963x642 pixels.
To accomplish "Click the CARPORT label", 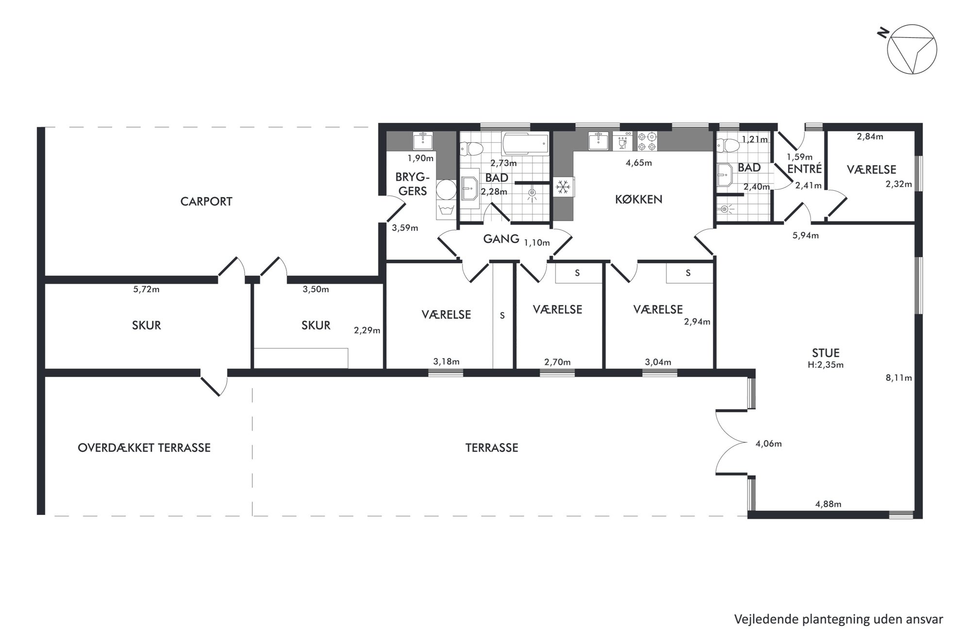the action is [x=206, y=201].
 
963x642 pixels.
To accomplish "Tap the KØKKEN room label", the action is [x=638, y=199].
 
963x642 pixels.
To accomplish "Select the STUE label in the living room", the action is [x=826, y=353].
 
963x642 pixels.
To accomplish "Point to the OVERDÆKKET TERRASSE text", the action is [x=144, y=447].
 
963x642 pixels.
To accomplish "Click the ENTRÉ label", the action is [x=804, y=168].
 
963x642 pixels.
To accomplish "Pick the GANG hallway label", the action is [x=501, y=238].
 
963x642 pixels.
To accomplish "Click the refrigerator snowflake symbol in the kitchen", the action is [x=563, y=187].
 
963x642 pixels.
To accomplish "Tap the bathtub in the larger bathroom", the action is [x=526, y=144].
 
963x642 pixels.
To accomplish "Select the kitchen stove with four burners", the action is [x=647, y=141].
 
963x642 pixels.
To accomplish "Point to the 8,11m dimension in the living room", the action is [x=898, y=378].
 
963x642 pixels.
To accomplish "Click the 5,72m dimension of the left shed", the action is [x=146, y=290].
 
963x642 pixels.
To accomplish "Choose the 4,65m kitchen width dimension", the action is [x=639, y=163].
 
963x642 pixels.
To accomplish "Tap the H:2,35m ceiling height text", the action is [x=826, y=365].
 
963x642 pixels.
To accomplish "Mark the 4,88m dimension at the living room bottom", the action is [x=828, y=504].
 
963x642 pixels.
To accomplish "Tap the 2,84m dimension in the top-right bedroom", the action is [x=870, y=137].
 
